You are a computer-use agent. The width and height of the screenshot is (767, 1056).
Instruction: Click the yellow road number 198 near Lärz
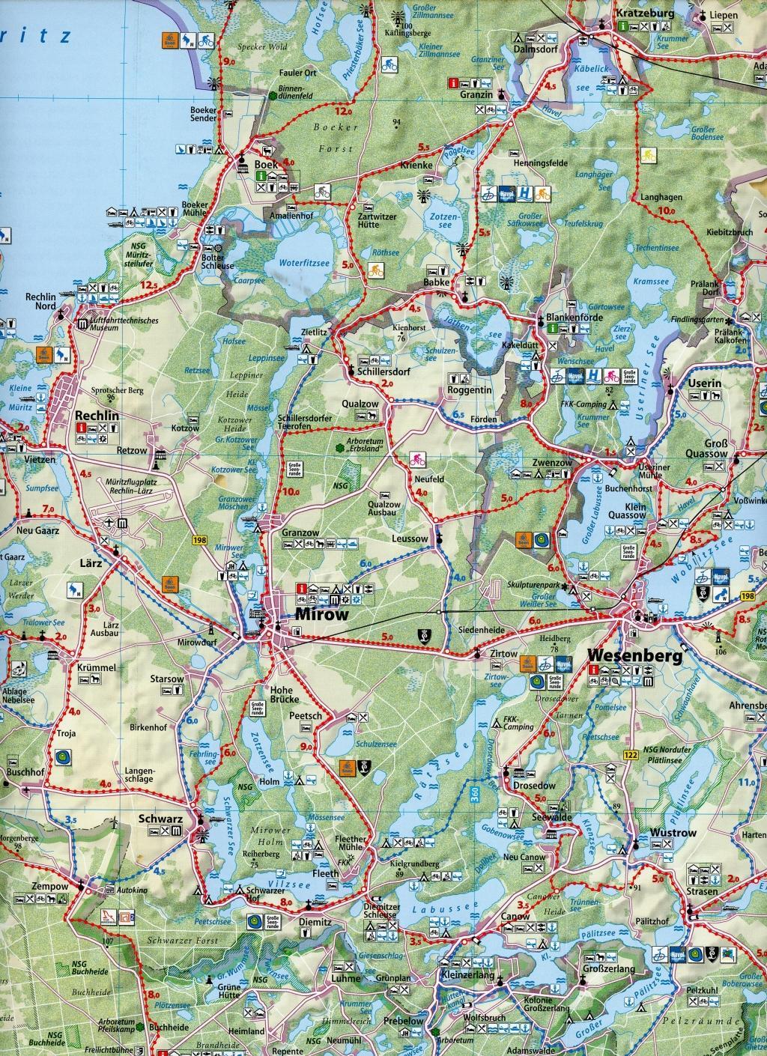[x=198, y=538]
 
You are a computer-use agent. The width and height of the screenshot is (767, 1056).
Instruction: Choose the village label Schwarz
[x=160, y=819]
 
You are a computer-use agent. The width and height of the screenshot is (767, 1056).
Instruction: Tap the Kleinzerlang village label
[x=468, y=978]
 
